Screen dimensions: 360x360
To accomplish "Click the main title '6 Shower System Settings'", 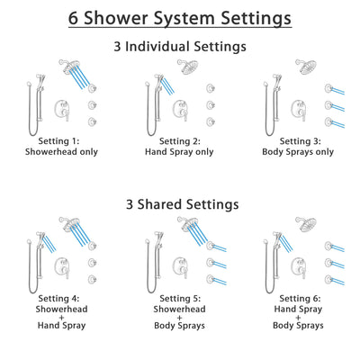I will coord(180,17).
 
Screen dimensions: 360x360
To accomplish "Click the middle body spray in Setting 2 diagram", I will coord(210,103).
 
